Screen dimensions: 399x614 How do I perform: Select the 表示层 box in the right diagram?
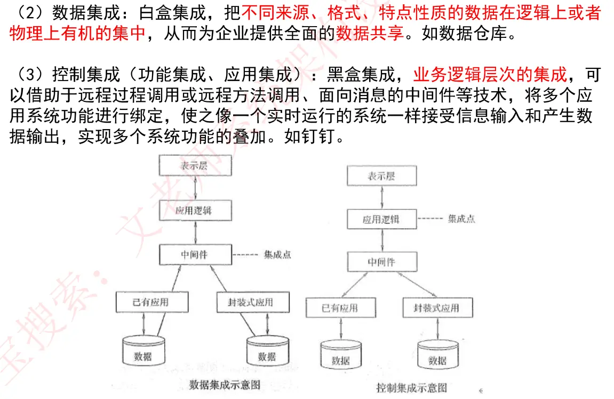(x=381, y=176)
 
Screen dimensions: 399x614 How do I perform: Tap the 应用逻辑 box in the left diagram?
(x=195, y=211)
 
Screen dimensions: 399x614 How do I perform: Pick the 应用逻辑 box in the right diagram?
(x=381, y=219)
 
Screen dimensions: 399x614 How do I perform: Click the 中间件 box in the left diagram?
(x=195, y=254)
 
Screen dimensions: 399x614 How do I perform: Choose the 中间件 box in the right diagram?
(x=381, y=262)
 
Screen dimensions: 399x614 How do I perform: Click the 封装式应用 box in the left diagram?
(x=253, y=302)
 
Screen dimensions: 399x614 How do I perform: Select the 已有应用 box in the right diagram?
(x=340, y=308)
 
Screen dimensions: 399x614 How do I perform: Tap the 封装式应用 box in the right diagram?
(x=437, y=308)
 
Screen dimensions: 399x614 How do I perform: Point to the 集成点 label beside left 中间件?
(x=277, y=255)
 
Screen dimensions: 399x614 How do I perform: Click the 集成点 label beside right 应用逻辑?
(x=461, y=219)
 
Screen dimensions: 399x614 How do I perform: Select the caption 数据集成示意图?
(x=225, y=384)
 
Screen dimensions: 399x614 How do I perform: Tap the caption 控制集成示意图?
(x=411, y=388)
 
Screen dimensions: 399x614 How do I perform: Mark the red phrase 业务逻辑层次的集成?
(x=490, y=75)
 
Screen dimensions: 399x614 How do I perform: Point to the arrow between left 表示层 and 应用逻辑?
(x=196, y=188)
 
